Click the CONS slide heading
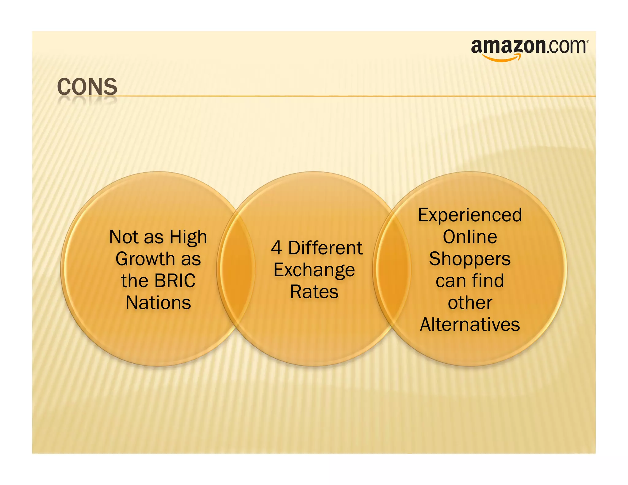coord(87,87)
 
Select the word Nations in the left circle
coord(158,303)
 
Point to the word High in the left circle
coord(188,237)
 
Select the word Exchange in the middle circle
coord(314,270)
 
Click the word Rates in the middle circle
coord(314,292)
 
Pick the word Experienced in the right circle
coord(470,215)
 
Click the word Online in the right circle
coord(470,237)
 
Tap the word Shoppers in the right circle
coord(470,259)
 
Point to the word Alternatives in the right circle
coord(470,324)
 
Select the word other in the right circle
coord(470,303)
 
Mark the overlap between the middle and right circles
coord(392,269)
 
